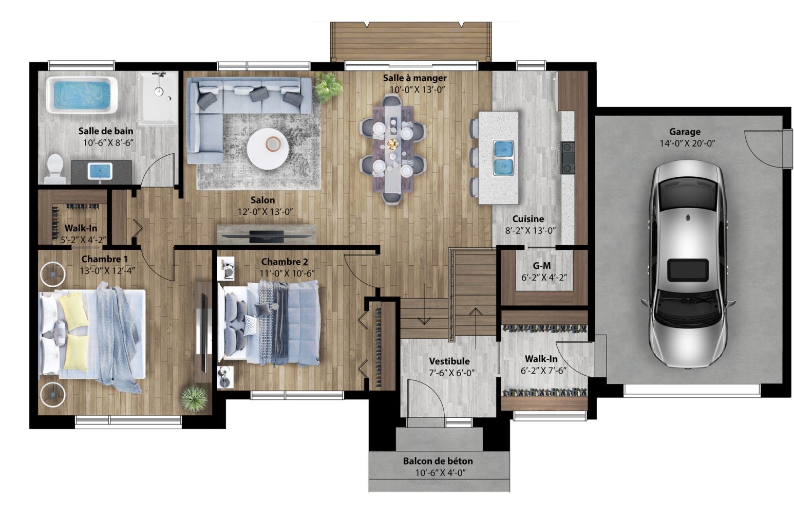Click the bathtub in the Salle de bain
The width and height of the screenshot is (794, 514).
coord(82,95)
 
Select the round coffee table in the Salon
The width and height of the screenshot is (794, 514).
coord(268,149)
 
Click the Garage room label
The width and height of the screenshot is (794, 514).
coord(685,132)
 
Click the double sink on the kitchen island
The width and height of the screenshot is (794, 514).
coord(503,158)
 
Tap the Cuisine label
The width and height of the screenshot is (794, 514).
coord(528,219)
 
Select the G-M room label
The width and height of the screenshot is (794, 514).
coord(542,266)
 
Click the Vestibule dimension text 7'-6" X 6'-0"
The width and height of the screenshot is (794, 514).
coord(451,373)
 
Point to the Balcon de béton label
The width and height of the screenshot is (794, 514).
coord(438,461)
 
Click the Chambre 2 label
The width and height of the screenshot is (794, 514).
coord(285,262)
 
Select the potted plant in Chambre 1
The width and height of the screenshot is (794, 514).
coord(194,399)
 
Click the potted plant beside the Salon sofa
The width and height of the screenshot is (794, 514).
coord(328,86)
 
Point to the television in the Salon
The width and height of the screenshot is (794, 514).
coord(267,236)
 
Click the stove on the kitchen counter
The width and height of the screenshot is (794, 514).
coord(567,157)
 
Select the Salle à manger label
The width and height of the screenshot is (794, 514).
coord(415,78)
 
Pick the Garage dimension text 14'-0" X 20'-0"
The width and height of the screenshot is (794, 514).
coord(687,143)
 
